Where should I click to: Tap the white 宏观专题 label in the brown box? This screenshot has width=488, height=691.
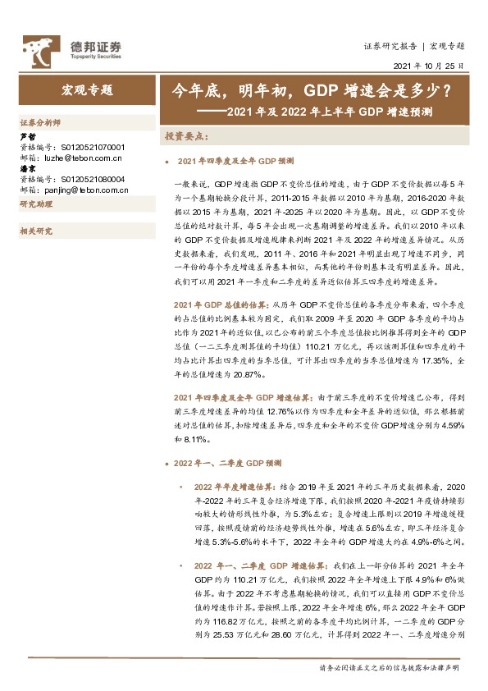pos(87,89)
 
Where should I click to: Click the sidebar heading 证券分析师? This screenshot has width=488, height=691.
pos(39,121)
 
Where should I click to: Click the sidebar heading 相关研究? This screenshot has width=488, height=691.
pos(35,231)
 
